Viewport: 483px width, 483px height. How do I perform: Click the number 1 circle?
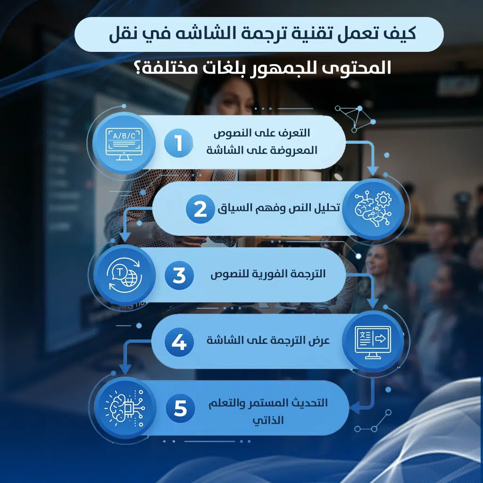pos(179,143)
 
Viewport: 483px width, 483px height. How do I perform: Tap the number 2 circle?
pos(200,209)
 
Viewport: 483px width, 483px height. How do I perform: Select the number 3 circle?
pos(179,275)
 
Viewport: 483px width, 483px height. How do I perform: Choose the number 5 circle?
pos(180,408)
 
